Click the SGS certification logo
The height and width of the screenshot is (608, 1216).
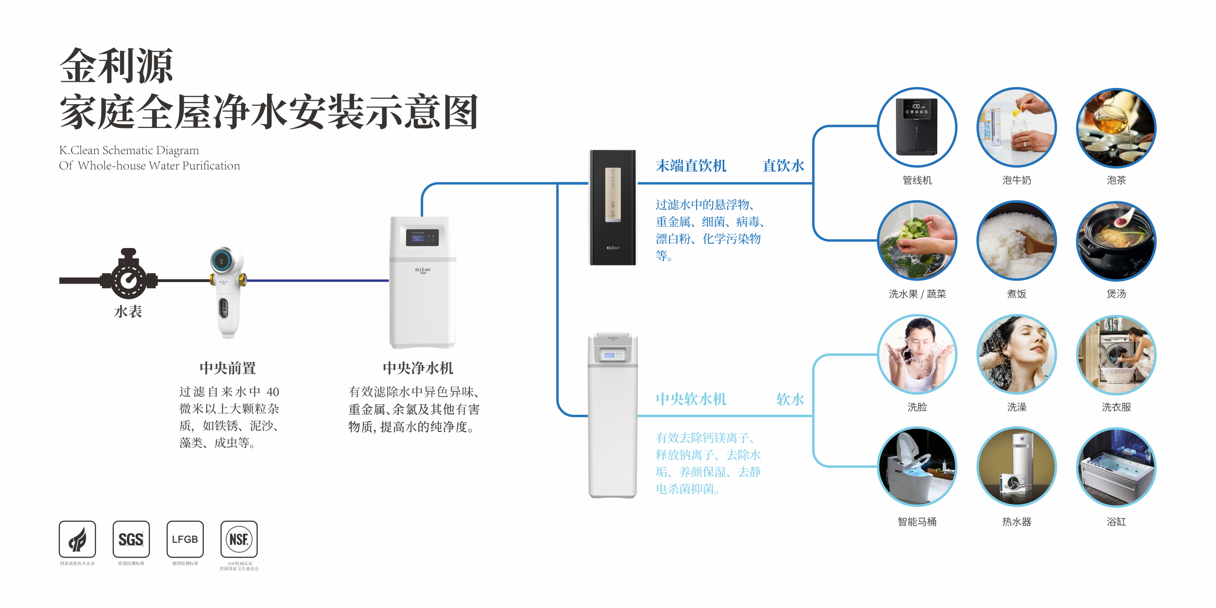tap(131, 539)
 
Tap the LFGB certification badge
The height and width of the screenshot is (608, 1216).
tap(185, 539)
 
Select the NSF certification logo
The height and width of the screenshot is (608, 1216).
tap(239, 539)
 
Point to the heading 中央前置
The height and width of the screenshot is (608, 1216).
tap(228, 368)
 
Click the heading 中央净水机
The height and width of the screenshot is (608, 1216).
tap(418, 368)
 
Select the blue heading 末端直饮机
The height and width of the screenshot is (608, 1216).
tap(691, 166)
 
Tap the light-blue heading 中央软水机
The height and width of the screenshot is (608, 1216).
tap(691, 399)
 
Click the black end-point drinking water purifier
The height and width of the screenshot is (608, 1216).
tap(613, 208)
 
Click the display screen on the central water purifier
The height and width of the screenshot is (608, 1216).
tap(422, 237)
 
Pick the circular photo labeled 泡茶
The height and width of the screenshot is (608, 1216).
tap(1116, 128)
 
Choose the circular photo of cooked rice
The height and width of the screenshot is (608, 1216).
tap(1017, 241)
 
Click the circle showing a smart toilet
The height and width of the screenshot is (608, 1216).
tap(917, 467)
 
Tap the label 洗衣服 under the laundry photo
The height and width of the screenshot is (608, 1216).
tap(1116, 407)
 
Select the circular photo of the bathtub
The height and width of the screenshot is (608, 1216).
tap(1116, 467)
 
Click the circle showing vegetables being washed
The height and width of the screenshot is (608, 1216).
tap(917, 241)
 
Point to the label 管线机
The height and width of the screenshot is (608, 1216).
tap(917, 180)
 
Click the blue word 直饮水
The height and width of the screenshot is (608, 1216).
tap(783, 166)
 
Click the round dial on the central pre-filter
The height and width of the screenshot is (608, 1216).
tap(222, 261)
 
